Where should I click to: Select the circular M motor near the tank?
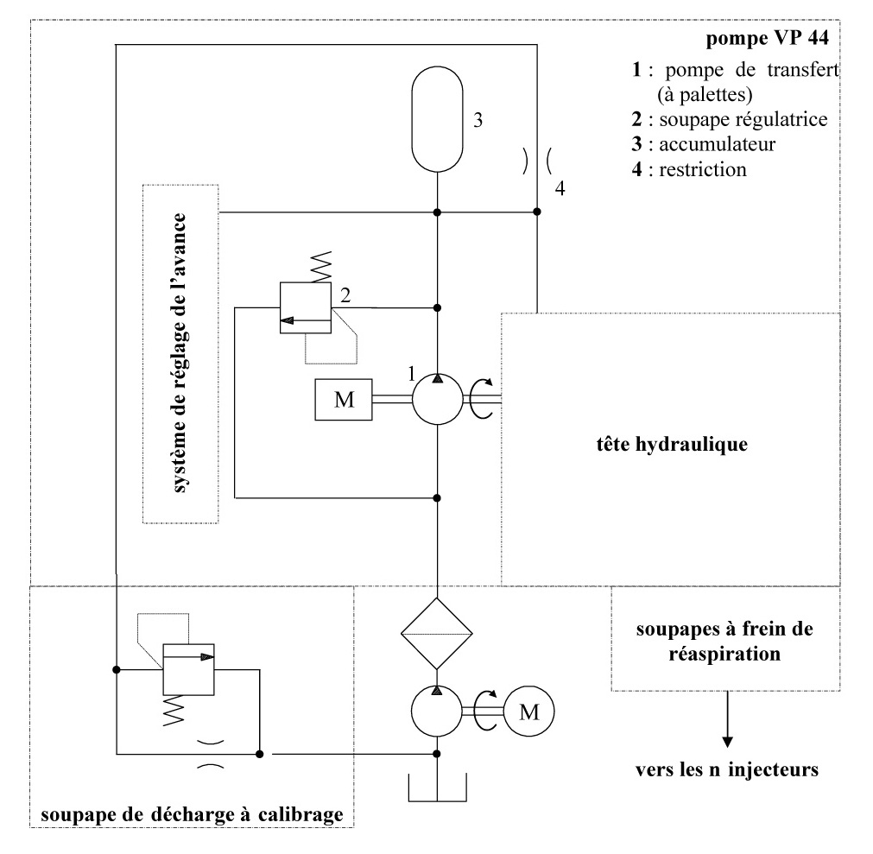point(528,712)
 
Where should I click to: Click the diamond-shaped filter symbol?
point(438,633)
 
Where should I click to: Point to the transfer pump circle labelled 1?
point(438,400)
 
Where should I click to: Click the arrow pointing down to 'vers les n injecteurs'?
point(726,720)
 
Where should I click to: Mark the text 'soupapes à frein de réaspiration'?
point(726,642)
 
